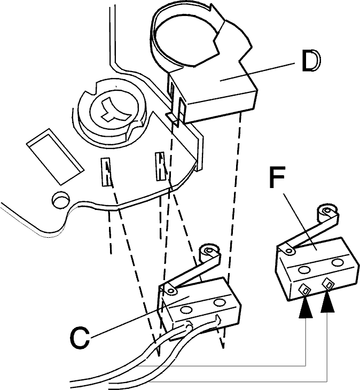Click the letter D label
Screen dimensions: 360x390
[311, 60]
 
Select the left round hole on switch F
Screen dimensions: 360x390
[303, 270]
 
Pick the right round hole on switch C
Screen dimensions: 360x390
[220, 303]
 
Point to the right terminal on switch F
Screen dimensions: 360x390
[328, 284]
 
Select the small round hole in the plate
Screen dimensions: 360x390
[60, 199]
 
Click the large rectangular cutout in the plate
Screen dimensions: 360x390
[55, 157]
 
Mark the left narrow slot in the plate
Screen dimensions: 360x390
[106, 171]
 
